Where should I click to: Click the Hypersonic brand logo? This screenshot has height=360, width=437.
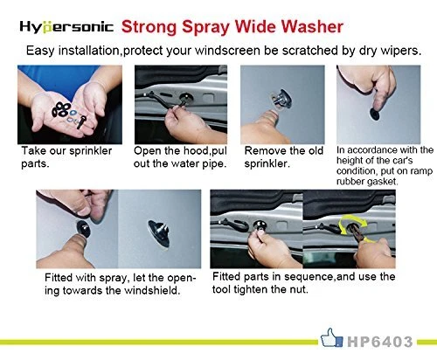pos(66,27)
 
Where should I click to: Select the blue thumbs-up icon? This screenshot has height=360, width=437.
pos(331,338)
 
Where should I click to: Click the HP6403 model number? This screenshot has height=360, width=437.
pos(380,342)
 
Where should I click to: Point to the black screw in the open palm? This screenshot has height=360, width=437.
pos(81,122)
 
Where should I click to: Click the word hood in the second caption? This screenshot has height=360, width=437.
pos(196,151)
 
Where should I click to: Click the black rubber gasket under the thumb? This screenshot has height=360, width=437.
pos(376,114)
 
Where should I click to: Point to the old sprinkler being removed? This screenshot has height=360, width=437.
pos(281,99)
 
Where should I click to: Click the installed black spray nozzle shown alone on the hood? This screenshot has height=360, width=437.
pos(159,233)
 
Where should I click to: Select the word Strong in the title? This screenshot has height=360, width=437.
pos(149,27)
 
